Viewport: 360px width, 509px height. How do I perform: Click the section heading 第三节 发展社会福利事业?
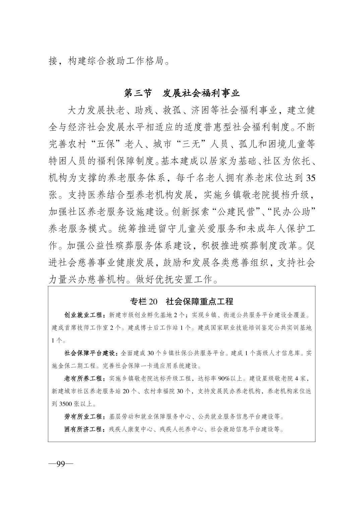(x=182, y=93)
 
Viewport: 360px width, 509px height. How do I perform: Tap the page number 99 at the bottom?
(x=60, y=464)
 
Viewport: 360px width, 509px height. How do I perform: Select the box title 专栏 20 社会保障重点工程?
(x=182, y=301)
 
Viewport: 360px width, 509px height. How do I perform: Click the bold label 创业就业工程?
(x=85, y=315)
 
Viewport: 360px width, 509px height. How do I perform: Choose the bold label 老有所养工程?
(x=85, y=378)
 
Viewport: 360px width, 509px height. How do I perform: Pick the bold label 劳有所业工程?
(x=85, y=417)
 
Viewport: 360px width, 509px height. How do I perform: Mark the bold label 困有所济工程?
(x=85, y=429)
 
